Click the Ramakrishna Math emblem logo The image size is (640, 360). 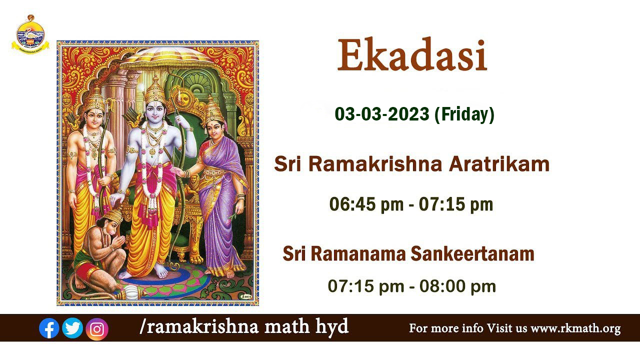coord(30,34)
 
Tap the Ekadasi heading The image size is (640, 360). coord(412,55)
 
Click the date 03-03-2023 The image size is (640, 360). coord(381,114)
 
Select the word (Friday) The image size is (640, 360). coord(464,114)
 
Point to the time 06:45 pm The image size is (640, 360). coord(366,204)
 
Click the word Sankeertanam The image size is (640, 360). coord(472,253)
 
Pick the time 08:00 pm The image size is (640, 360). coord(457,286)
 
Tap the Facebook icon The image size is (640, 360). coord(49,328)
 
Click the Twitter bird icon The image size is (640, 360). coord(72,328)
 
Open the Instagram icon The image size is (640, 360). coord(97,329)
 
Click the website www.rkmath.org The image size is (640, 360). coord(575,328)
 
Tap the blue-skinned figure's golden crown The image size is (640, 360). coord(155,89)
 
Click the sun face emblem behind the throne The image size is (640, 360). coord(183,99)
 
